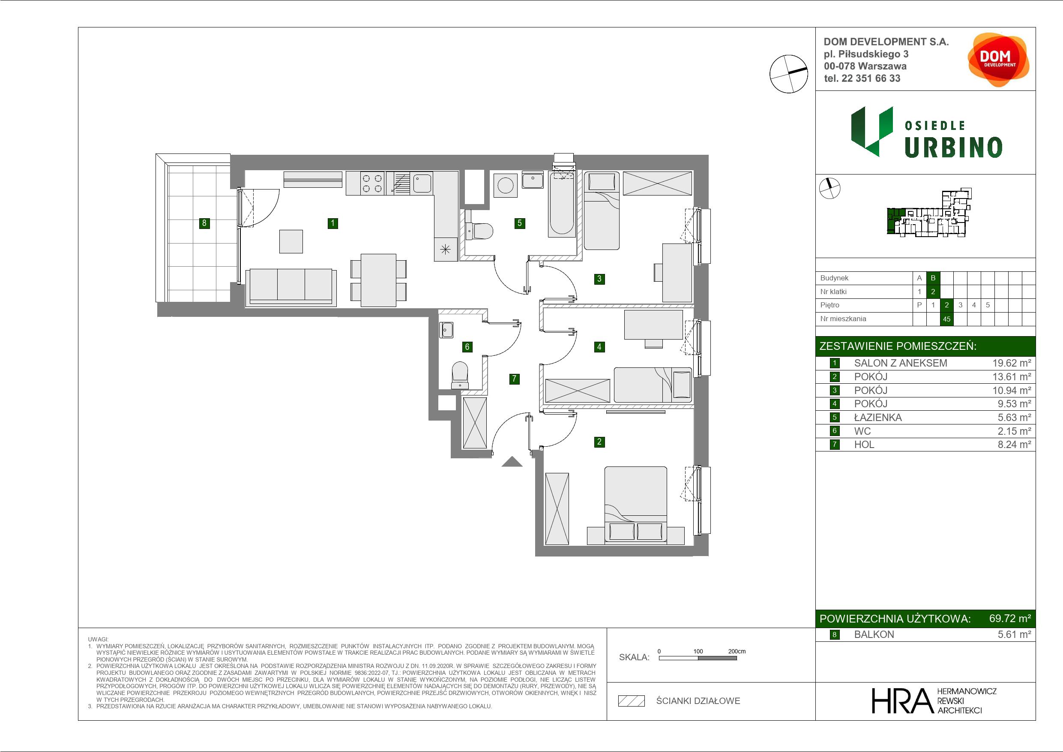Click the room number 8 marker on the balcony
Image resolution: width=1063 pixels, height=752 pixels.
click(204, 223)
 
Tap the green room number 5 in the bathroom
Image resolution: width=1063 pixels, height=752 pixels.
click(519, 223)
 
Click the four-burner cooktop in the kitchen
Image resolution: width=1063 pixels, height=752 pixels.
click(372, 183)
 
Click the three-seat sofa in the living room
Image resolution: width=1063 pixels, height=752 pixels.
click(291, 287)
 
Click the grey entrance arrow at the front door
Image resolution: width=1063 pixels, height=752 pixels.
click(512, 461)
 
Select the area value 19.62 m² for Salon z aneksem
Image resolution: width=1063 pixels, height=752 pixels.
click(1012, 363)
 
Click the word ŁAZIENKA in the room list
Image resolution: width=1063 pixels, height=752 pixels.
click(878, 418)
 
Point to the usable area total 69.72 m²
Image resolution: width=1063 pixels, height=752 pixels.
click(1010, 619)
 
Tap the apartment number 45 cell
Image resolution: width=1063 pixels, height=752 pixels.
click(947, 319)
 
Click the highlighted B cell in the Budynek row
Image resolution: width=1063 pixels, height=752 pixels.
click(933, 278)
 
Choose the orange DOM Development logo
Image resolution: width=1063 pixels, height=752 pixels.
click(998, 60)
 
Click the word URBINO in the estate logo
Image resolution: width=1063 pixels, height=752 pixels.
click(953, 147)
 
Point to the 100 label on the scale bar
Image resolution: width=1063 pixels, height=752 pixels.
click(698, 651)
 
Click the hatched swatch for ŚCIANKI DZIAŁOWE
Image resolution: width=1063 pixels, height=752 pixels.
click(632, 701)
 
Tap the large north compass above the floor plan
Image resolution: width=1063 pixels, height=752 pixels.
click(788, 73)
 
